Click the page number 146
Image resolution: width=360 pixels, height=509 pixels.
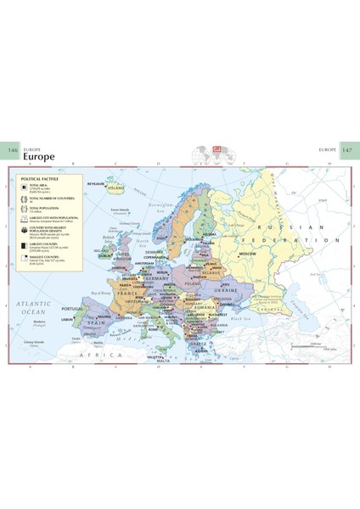click(12, 149)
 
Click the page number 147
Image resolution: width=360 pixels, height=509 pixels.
click(348, 149)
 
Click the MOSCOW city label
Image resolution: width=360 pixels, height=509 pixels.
click(247, 254)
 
